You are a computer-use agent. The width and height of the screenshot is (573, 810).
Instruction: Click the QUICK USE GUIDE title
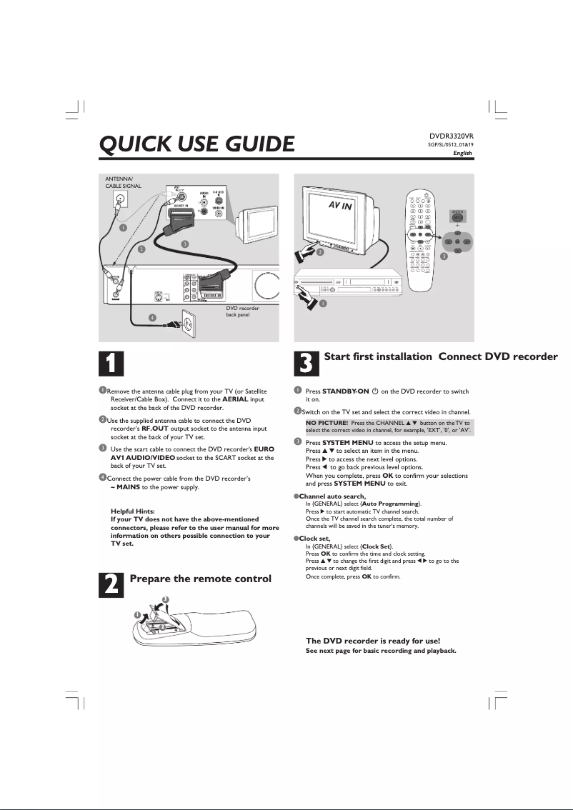coord(196,145)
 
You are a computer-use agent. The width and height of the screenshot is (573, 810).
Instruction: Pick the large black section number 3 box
coord(305,362)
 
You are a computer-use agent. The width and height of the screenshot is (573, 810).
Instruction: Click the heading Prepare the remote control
coord(200,579)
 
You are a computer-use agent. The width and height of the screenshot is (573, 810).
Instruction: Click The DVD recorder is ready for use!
coord(373,640)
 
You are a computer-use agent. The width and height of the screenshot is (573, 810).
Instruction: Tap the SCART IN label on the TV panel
coord(180,205)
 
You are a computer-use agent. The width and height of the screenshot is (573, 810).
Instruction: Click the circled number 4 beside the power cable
coord(151,317)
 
